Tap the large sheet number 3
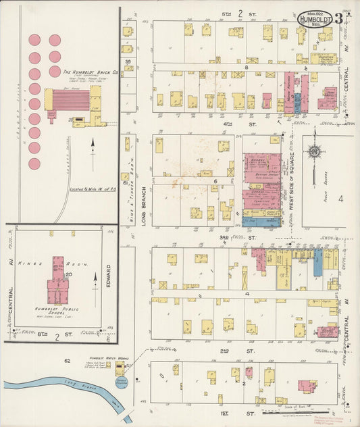[x=339, y=19]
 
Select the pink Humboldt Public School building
[x=56, y=282]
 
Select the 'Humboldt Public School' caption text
[x=57, y=314]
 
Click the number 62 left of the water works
[x=86, y=361]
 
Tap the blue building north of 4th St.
[x=297, y=102]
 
